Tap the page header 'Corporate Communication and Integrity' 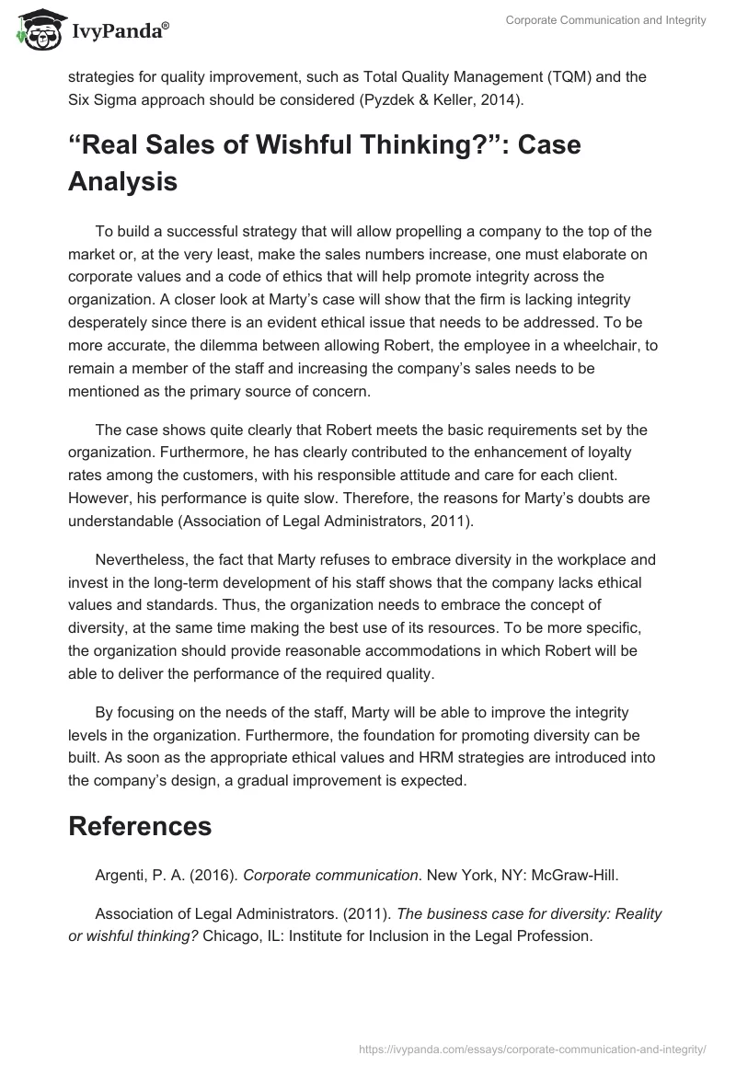(605, 21)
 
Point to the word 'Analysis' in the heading (122, 181)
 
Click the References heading (140, 800)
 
